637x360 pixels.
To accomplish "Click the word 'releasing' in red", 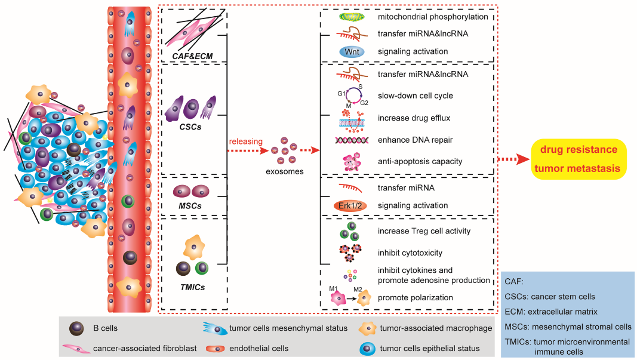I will click(x=245, y=141).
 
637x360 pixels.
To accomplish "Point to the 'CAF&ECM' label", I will click(x=192, y=56).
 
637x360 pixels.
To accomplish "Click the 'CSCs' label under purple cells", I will click(x=191, y=127).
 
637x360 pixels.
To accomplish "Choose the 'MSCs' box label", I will click(x=191, y=206).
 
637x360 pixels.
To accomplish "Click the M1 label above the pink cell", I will click(x=333, y=289).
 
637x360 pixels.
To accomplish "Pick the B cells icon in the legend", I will click(x=76, y=328).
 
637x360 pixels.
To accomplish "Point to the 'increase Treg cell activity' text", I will click(x=424, y=230).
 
